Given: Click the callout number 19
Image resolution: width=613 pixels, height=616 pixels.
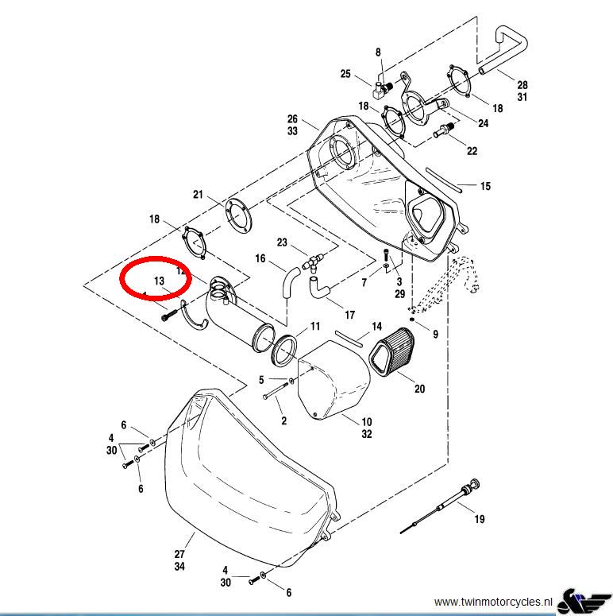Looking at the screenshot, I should pyautogui.click(x=479, y=520).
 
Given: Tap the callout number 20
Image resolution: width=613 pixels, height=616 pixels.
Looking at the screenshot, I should pyautogui.click(x=420, y=389).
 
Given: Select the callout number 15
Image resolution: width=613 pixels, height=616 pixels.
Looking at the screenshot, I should pyautogui.click(x=485, y=186).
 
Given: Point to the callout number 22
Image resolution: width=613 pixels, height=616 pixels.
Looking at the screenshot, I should pyautogui.click(x=472, y=151).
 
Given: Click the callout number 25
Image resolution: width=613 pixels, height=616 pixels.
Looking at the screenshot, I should pyautogui.click(x=345, y=74).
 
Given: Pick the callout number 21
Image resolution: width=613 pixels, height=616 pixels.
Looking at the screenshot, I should pyautogui.click(x=199, y=195).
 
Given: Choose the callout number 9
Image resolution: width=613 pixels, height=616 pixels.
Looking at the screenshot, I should pyautogui.click(x=435, y=335).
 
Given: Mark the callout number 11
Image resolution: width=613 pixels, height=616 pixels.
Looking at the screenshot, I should pyautogui.click(x=315, y=327).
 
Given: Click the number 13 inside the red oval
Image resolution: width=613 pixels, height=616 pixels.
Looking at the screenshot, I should pyautogui.click(x=159, y=281).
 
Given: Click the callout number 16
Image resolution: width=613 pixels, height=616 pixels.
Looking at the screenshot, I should pyautogui.click(x=260, y=258).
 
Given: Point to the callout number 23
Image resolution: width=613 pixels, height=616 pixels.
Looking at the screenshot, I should pyautogui.click(x=282, y=242).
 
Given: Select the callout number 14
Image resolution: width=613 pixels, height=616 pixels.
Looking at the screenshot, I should pyautogui.click(x=377, y=327).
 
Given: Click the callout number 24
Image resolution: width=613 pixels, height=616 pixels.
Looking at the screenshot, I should pyautogui.click(x=483, y=123).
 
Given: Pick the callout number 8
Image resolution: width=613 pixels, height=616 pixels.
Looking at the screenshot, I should pyautogui.click(x=378, y=52).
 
